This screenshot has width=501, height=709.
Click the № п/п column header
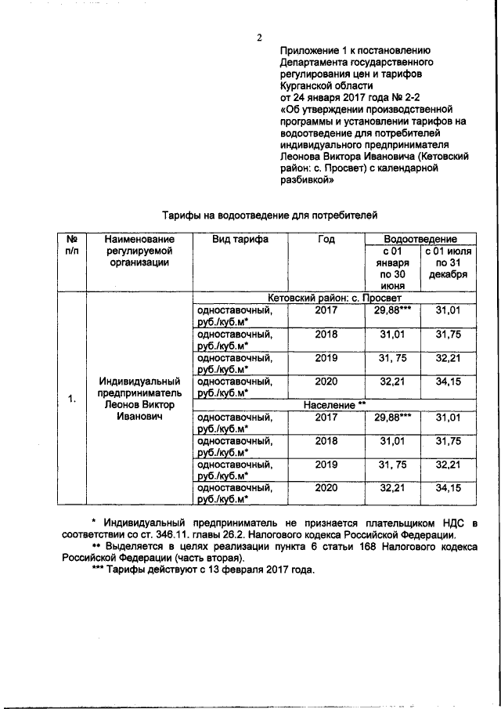click(70, 244)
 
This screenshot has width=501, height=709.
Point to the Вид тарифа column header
click(240, 239)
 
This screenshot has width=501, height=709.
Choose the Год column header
click(326, 239)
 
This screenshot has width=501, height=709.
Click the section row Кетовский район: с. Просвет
click(333, 298)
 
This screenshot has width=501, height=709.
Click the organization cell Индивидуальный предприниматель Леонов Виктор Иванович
click(139, 399)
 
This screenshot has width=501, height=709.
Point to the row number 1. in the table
click(70, 400)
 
